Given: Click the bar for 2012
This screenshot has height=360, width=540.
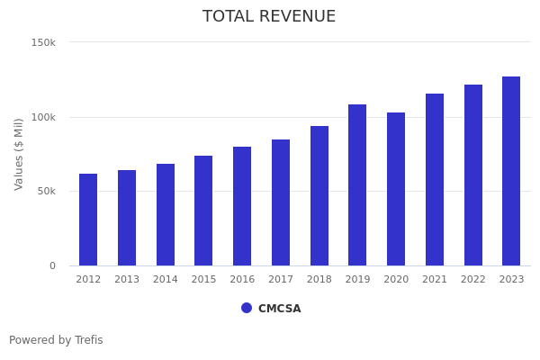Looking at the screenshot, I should click(88, 220).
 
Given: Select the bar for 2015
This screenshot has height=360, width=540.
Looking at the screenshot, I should click(203, 211).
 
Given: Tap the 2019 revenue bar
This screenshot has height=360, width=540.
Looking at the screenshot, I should click(357, 185).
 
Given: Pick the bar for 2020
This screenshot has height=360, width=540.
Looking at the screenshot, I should click(396, 189).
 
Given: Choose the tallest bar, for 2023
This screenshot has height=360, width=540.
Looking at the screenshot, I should click(511, 171).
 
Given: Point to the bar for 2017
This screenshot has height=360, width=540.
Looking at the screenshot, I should click(281, 202).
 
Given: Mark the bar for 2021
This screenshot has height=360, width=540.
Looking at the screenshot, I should click(435, 180).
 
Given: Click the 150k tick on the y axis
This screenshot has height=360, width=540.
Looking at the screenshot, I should click(43, 42).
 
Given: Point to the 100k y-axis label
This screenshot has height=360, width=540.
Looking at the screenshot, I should click(43, 117).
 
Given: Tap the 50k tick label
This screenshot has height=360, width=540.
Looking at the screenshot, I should click(46, 191).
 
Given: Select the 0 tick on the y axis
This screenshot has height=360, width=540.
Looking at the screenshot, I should click(52, 265).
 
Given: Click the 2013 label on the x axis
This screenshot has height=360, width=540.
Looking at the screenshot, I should click(127, 280).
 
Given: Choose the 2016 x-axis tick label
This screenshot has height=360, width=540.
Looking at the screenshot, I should click(242, 280).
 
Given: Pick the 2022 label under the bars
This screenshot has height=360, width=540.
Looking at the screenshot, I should click(473, 280).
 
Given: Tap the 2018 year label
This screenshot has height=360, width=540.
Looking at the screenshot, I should click(319, 280).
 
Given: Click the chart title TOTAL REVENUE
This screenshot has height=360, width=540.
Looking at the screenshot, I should click(269, 17).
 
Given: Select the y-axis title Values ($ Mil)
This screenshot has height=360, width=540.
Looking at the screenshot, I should click(19, 154).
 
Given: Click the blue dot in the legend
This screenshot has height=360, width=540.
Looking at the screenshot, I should click(247, 308).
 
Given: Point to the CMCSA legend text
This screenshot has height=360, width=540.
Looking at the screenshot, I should click(280, 309).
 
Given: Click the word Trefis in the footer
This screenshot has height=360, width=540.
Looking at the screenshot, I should click(88, 340).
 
